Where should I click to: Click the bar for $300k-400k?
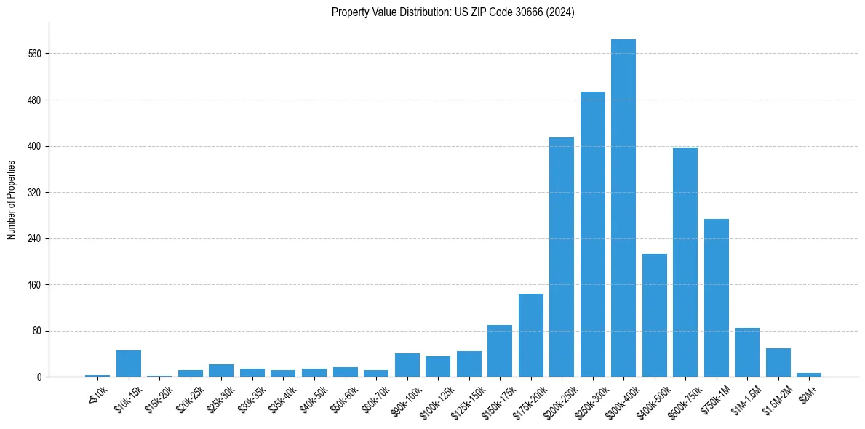coord(623,208)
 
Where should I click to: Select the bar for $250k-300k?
coord(592,234)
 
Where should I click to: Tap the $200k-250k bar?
coord(562,257)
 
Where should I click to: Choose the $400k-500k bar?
coord(654,316)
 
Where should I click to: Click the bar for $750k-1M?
coord(716,298)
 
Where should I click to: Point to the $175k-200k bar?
coord(530,335)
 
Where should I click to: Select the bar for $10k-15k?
coord(129,364)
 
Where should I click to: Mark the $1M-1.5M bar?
coord(747,353)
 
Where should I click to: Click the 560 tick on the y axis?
coord(36,54)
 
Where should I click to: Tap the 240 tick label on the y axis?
coord(36,238)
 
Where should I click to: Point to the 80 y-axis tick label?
coord(38,331)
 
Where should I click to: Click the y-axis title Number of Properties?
coord(11,199)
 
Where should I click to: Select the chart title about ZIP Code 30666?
coord(453,12)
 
